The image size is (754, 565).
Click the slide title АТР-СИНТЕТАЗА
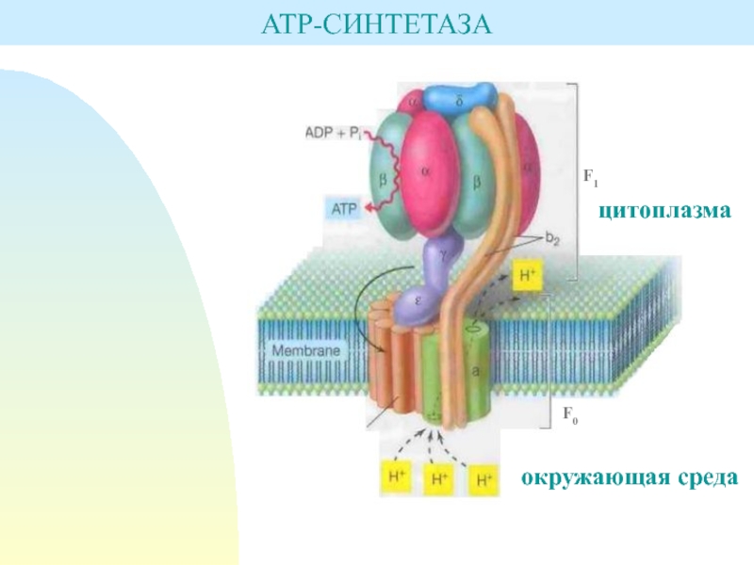pyautogui.click(x=377, y=21)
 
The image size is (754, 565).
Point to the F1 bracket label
pyautogui.click(x=591, y=175)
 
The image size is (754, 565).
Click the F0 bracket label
pyautogui.click(x=570, y=412)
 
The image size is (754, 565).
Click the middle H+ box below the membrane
pyautogui.click(x=439, y=478)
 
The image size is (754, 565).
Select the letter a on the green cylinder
pyautogui.click(x=476, y=371)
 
